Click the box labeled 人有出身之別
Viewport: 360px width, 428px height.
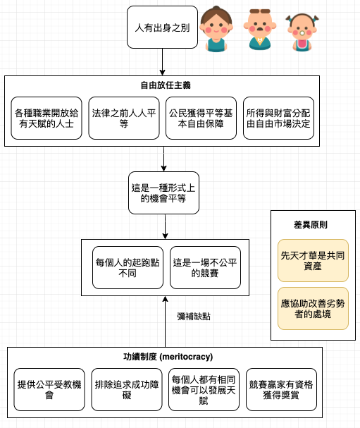coord(162,27)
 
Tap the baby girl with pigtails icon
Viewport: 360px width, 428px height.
coord(302,32)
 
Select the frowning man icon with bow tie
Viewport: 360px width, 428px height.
coord(260,30)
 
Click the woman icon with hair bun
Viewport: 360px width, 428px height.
coord(216,29)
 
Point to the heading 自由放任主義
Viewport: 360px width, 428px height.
coord(166,85)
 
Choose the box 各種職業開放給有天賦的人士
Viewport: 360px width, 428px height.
coord(46,118)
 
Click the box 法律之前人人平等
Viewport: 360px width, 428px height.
coord(124,118)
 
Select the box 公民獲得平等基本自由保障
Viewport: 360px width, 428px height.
coord(201,118)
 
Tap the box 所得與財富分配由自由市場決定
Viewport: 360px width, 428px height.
coord(278,118)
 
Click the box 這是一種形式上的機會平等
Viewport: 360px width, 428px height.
coord(163,192)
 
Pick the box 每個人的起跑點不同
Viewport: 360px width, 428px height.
coord(128,267)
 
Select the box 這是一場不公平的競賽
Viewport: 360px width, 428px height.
coord(205,267)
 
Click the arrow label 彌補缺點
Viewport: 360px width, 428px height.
coord(194,317)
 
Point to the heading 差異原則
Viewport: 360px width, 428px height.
coord(311,225)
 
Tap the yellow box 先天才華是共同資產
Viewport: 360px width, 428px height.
coord(313,261)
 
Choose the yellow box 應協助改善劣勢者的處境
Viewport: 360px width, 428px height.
coord(313,308)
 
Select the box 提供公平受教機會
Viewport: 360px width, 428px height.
coord(49,389)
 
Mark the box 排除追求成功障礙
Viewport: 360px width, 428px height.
coord(127,389)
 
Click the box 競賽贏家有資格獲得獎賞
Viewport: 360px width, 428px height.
coord(282,389)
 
